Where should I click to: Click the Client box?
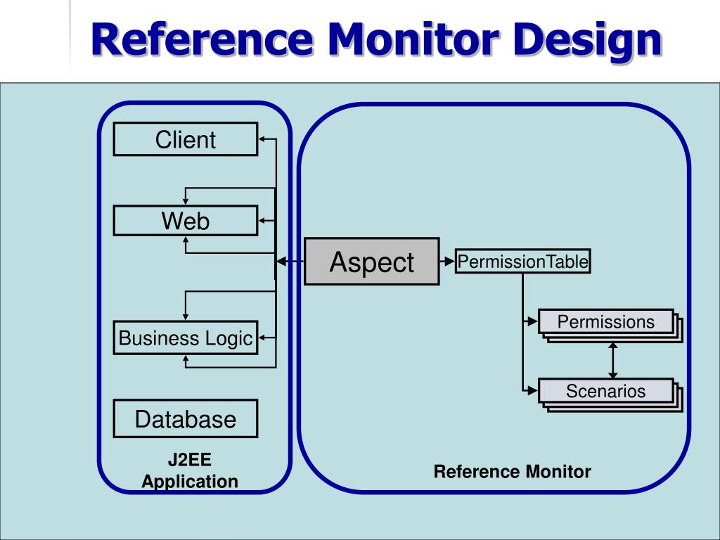(x=186, y=139)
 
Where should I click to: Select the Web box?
(x=186, y=221)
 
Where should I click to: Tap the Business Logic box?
(x=186, y=338)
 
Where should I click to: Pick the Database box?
(x=186, y=419)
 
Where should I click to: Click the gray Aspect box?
(x=372, y=262)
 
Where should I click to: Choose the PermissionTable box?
(x=522, y=262)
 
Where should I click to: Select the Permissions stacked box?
(x=610, y=326)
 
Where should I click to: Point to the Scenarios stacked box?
(x=610, y=395)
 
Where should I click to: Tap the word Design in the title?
(x=587, y=41)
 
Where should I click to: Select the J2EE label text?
(x=190, y=460)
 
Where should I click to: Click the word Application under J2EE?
(x=190, y=482)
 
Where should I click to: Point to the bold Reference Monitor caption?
(x=512, y=472)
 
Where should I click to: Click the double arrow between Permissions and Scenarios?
(x=612, y=361)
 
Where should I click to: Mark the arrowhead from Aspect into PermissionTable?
(x=449, y=262)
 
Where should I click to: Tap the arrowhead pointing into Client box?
(x=262, y=139)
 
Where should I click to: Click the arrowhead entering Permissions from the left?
(x=533, y=321)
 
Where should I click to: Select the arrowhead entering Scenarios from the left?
(x=533, y=391)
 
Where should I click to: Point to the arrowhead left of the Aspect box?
(x=281, y=262)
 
